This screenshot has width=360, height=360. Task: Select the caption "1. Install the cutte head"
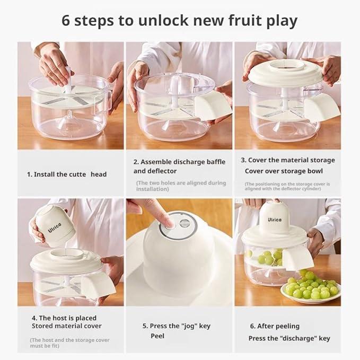click(x=67, y=174)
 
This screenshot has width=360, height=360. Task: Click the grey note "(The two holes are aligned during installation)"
click(x=181, y=186)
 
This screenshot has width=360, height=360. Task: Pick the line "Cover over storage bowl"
click(x=284, y=171)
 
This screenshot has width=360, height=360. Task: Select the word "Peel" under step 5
click(x=157, y=336)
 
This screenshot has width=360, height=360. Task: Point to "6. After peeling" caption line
click(x=275, y=326)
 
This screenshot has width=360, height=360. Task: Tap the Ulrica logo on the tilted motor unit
click(x=55, y=227)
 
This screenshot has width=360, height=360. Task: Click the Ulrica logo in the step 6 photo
click(x=274, y=219)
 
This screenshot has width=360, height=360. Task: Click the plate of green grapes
click(x=310, y=287)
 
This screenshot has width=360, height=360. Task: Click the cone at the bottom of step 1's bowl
click(x=68, y=120)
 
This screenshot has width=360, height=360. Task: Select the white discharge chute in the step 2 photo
click(x=213, y=106)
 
